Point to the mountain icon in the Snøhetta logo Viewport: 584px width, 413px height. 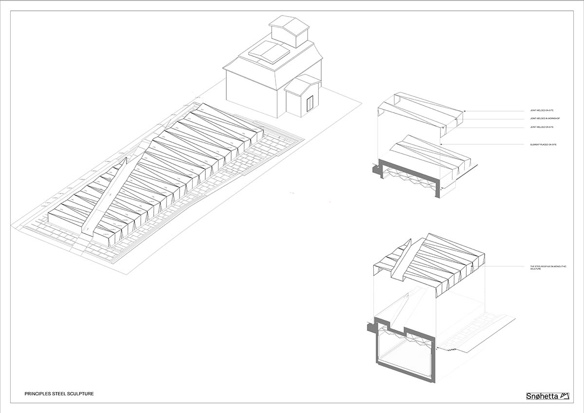tap(565, 395)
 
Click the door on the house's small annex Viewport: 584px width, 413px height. tap(310, 103)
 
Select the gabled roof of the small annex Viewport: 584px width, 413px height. tap(303, 84)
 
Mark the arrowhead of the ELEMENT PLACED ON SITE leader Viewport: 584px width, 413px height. tap(440, 145)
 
